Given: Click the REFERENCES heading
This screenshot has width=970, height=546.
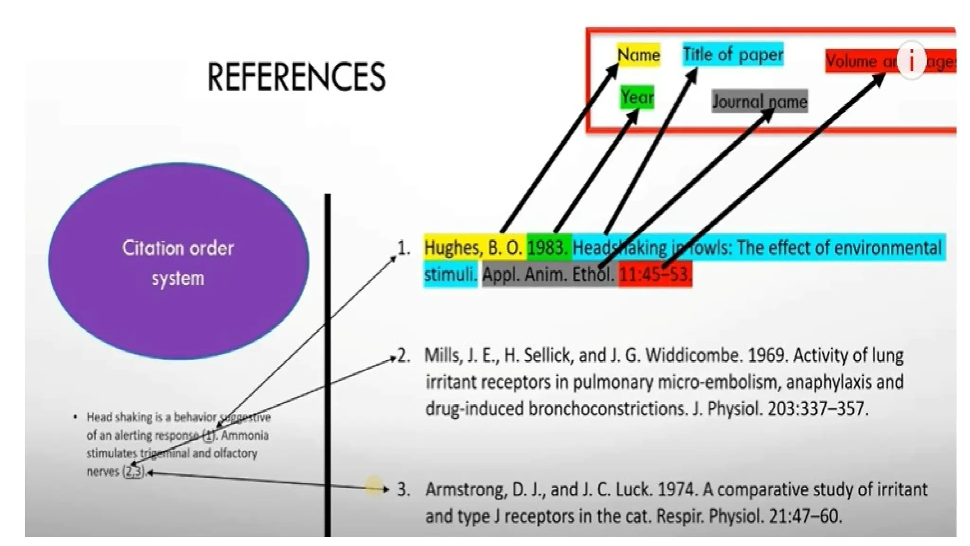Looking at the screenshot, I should click(x=296, y=77).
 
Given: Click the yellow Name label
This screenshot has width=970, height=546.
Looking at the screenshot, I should click(x=638, y=55).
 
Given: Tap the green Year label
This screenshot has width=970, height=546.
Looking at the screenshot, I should click(x=637, y=97).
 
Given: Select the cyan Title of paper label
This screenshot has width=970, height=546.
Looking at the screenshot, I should click(x=733, y=55).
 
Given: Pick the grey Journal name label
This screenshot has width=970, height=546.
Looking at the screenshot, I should click(x=759, y=101).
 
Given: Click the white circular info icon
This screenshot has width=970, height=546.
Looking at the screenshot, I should click(x=911, y=60).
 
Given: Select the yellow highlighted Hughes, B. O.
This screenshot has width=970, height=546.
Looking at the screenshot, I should click(x=473, y=248).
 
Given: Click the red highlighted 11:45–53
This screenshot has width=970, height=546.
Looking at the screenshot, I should click(x=655, y=274).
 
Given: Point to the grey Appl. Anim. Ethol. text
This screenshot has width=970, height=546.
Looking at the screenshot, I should click(x=548, y=274).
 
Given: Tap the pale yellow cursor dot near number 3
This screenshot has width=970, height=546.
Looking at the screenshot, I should click(x=373, y=487).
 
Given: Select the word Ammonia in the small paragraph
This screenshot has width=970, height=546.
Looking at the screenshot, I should click(x=245, y=435).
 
